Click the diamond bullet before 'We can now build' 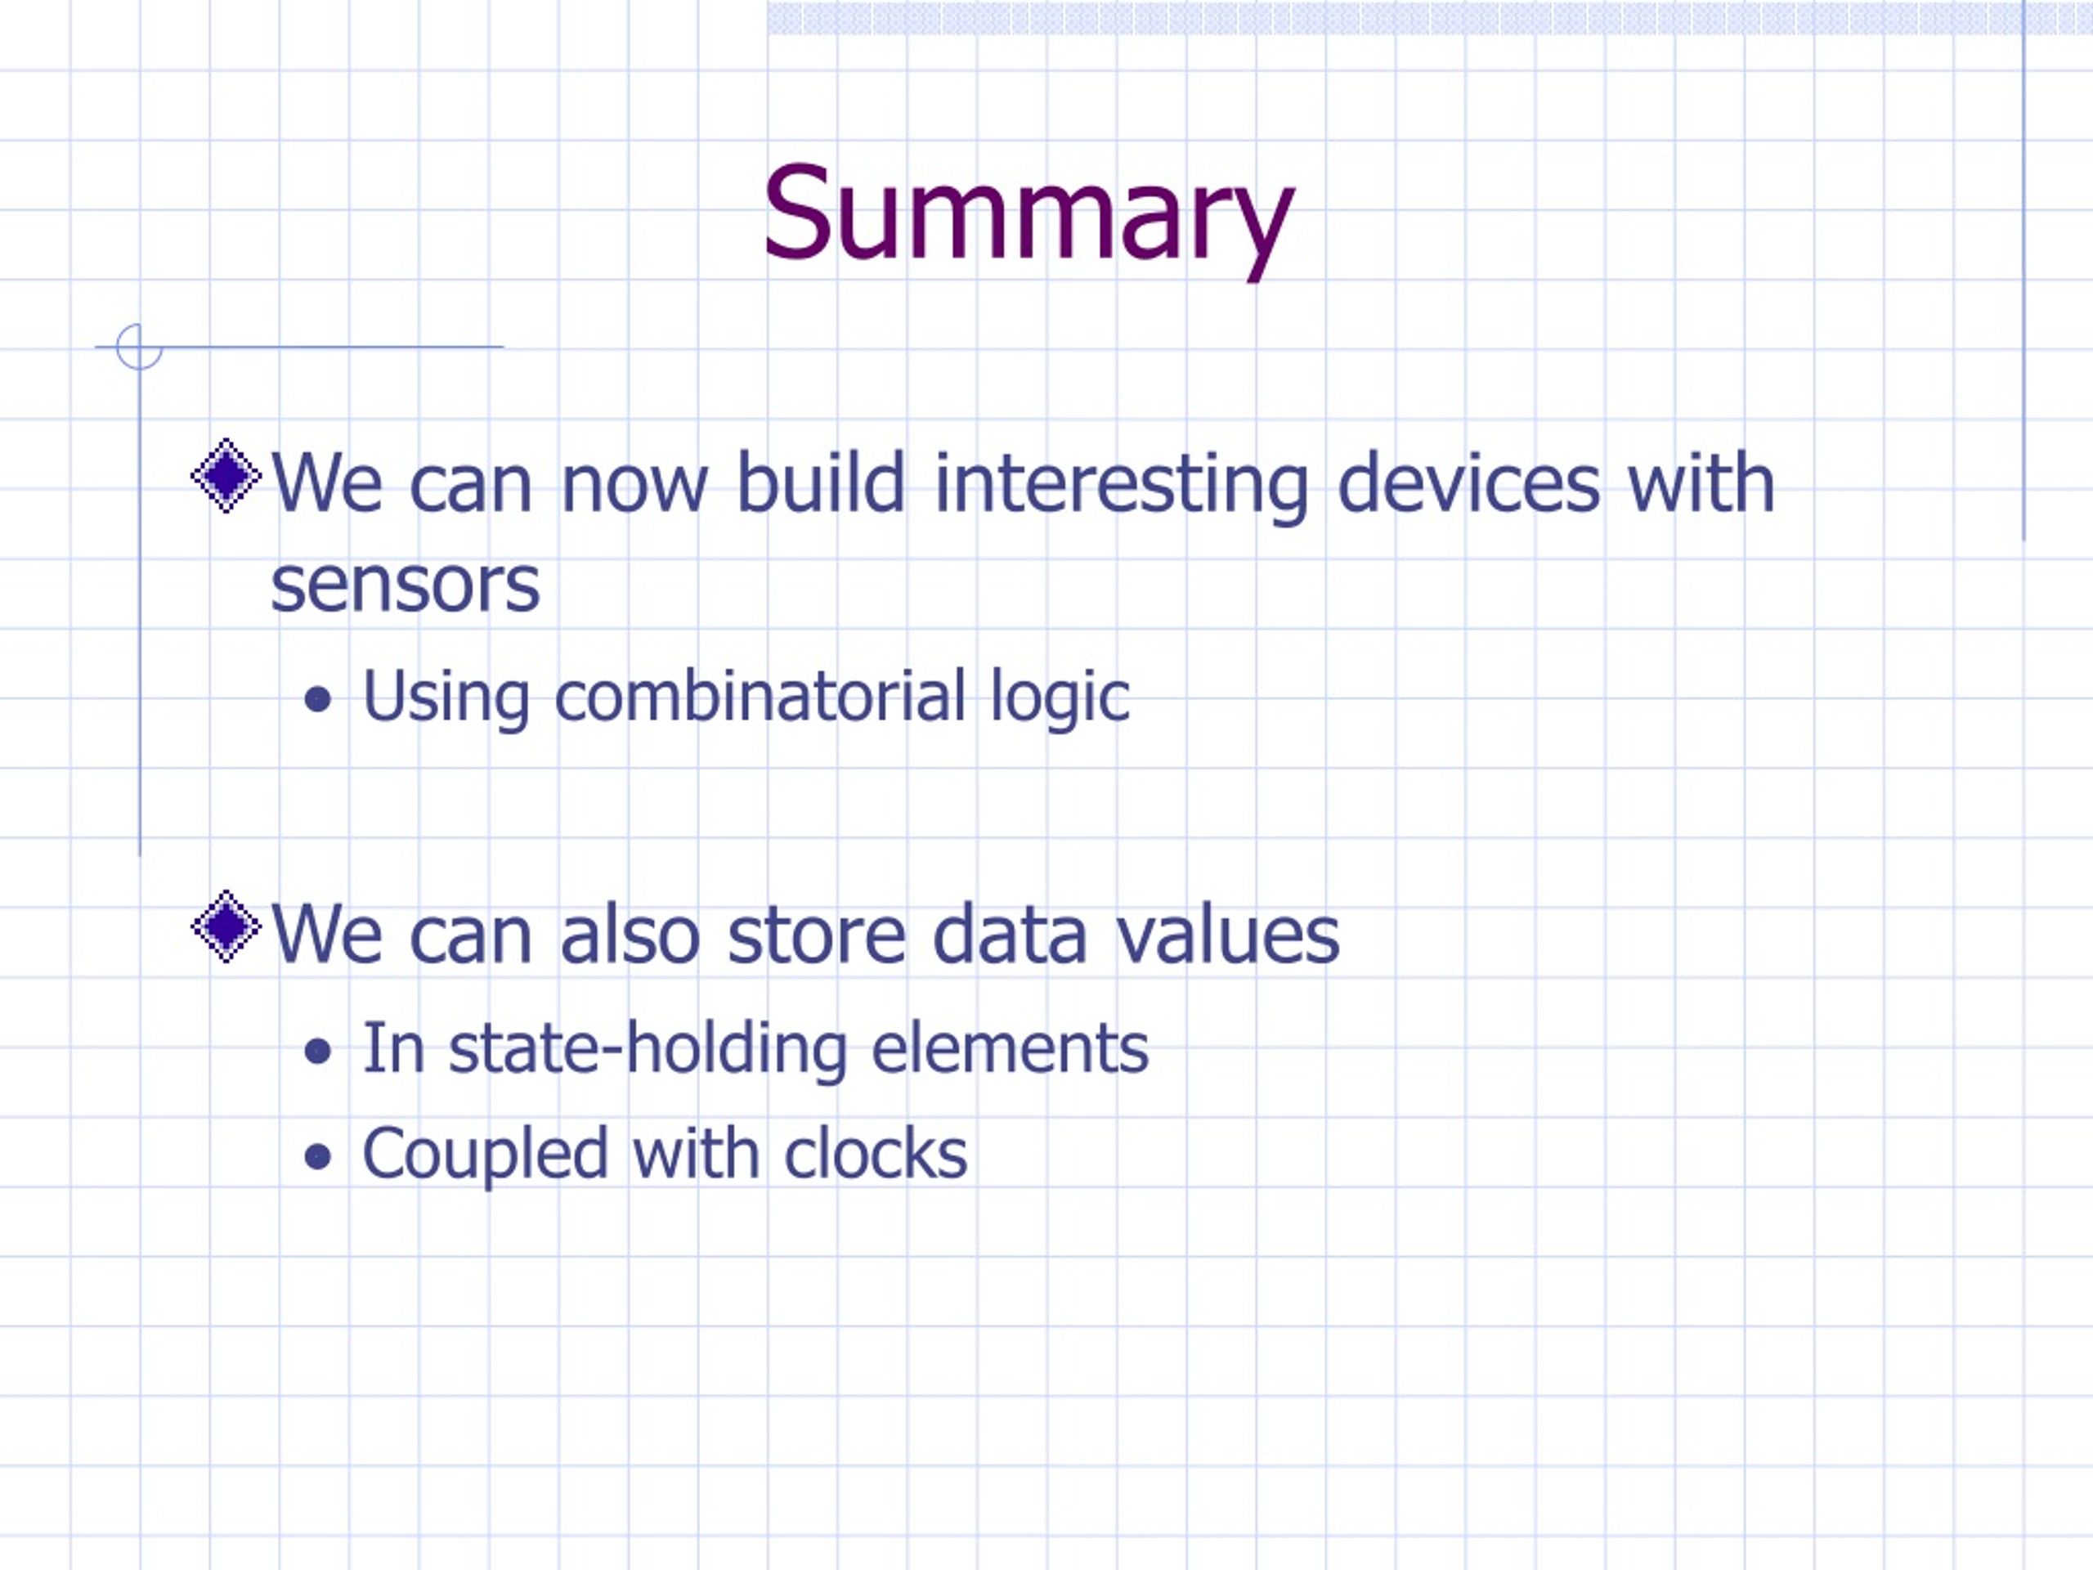(x=226, y=475)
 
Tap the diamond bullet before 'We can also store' (x=226, y=926)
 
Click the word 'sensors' (x=405, y=585)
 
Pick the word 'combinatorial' (x=760, y=697)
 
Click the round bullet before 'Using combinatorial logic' (x=319, y=700)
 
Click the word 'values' (x=1227, y=934)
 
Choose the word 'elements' (x=1010, y=1048)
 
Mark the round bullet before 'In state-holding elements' (x=319, y=1052)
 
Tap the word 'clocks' (x=876, y=1154)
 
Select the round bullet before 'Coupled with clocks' (x=319, y=1156)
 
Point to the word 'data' (x=1010, y=934)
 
